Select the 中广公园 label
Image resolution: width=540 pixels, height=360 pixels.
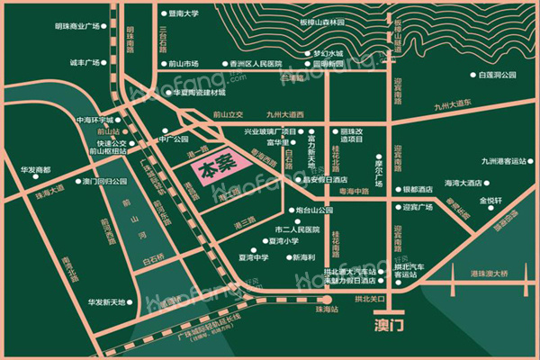pos(173,139)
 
